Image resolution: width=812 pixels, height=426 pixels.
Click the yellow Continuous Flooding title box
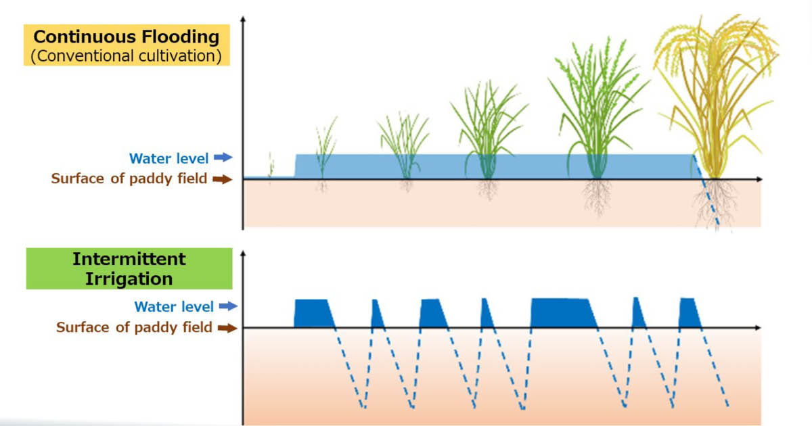click(127, 45)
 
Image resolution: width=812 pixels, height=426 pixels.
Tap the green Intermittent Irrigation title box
click(129, 268)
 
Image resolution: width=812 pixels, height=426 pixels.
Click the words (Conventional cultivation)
click(127, 55)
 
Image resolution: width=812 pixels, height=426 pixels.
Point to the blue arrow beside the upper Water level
click(223, 158)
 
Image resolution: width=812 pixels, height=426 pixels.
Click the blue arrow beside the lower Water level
click(228, 306)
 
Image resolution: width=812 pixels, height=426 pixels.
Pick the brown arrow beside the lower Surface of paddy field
click(227, 328)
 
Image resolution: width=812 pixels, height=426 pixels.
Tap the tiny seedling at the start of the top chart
click(271, 166)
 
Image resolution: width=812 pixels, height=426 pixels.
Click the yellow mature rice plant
click(714, 101)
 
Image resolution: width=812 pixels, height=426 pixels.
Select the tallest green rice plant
click(595, 108)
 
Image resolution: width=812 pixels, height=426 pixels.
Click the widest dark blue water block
click(562, 312)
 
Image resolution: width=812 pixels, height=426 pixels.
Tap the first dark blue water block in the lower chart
click(312, 313)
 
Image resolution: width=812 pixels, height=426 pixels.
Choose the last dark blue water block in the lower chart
click(689, 313)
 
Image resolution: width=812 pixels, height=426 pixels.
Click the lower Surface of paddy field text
click(134, 328)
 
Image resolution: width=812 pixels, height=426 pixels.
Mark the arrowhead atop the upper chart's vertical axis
click(243, 18)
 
